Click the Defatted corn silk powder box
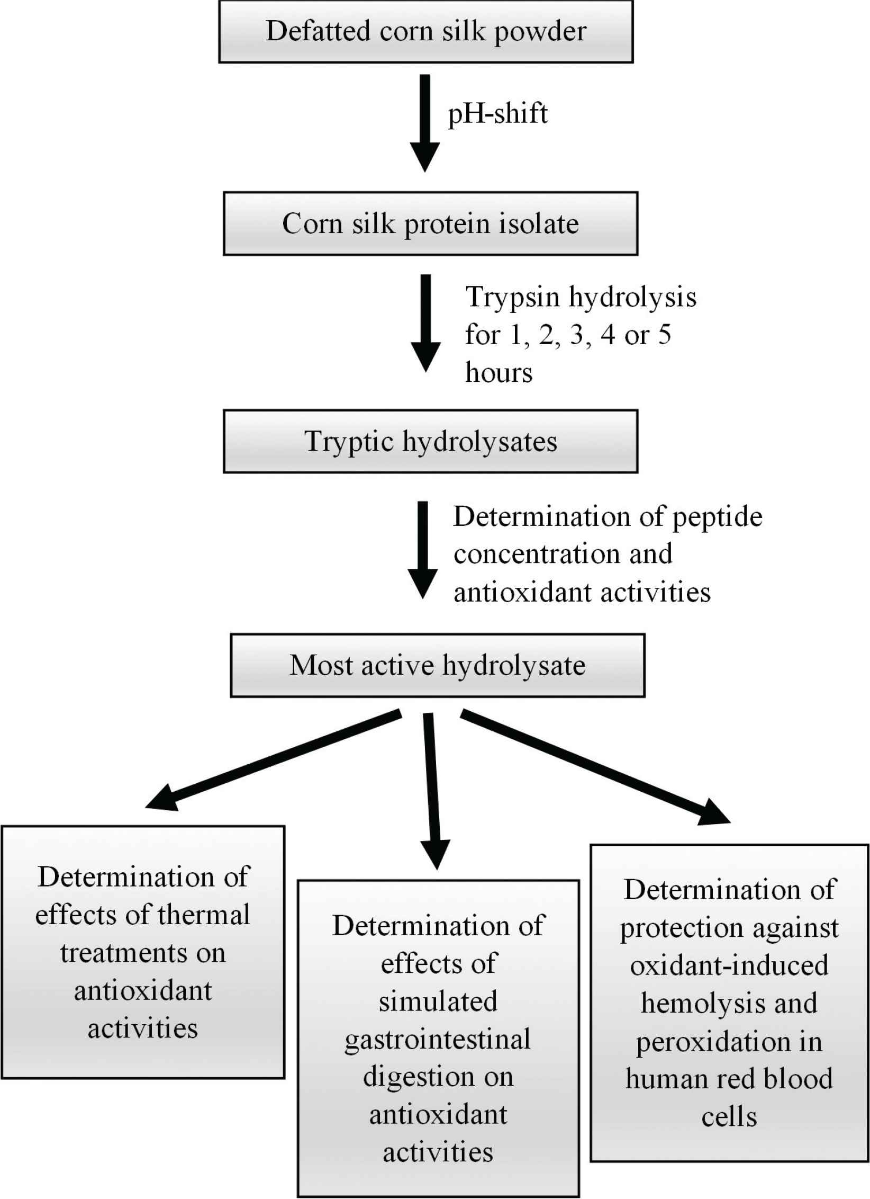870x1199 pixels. click(426, 31)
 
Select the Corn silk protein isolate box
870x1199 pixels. click(430, 223)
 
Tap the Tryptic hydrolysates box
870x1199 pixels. click(430, 441)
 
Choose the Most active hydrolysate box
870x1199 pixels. click(438, 665)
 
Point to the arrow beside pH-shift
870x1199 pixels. click(424, 123)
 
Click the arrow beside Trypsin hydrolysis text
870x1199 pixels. click(425, 323)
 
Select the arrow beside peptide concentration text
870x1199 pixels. click(422, 550)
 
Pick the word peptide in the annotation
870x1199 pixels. click(717, 518)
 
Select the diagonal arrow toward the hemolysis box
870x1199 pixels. click(595, 767)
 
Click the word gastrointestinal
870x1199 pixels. click(438, 1040)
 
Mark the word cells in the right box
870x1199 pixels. click(729, 1117)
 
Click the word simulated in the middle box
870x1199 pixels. click(438, 1001)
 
